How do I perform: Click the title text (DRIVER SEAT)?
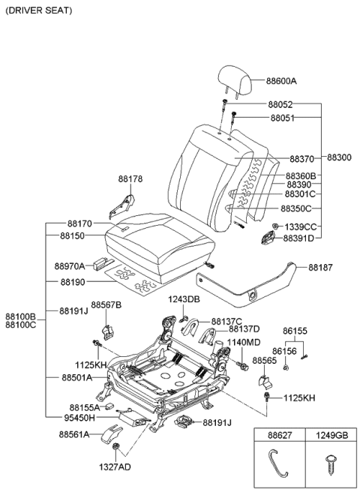[x=39, y=11]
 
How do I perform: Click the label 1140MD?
[x=244, y=342]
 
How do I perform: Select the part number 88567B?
[x=106, y=304]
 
